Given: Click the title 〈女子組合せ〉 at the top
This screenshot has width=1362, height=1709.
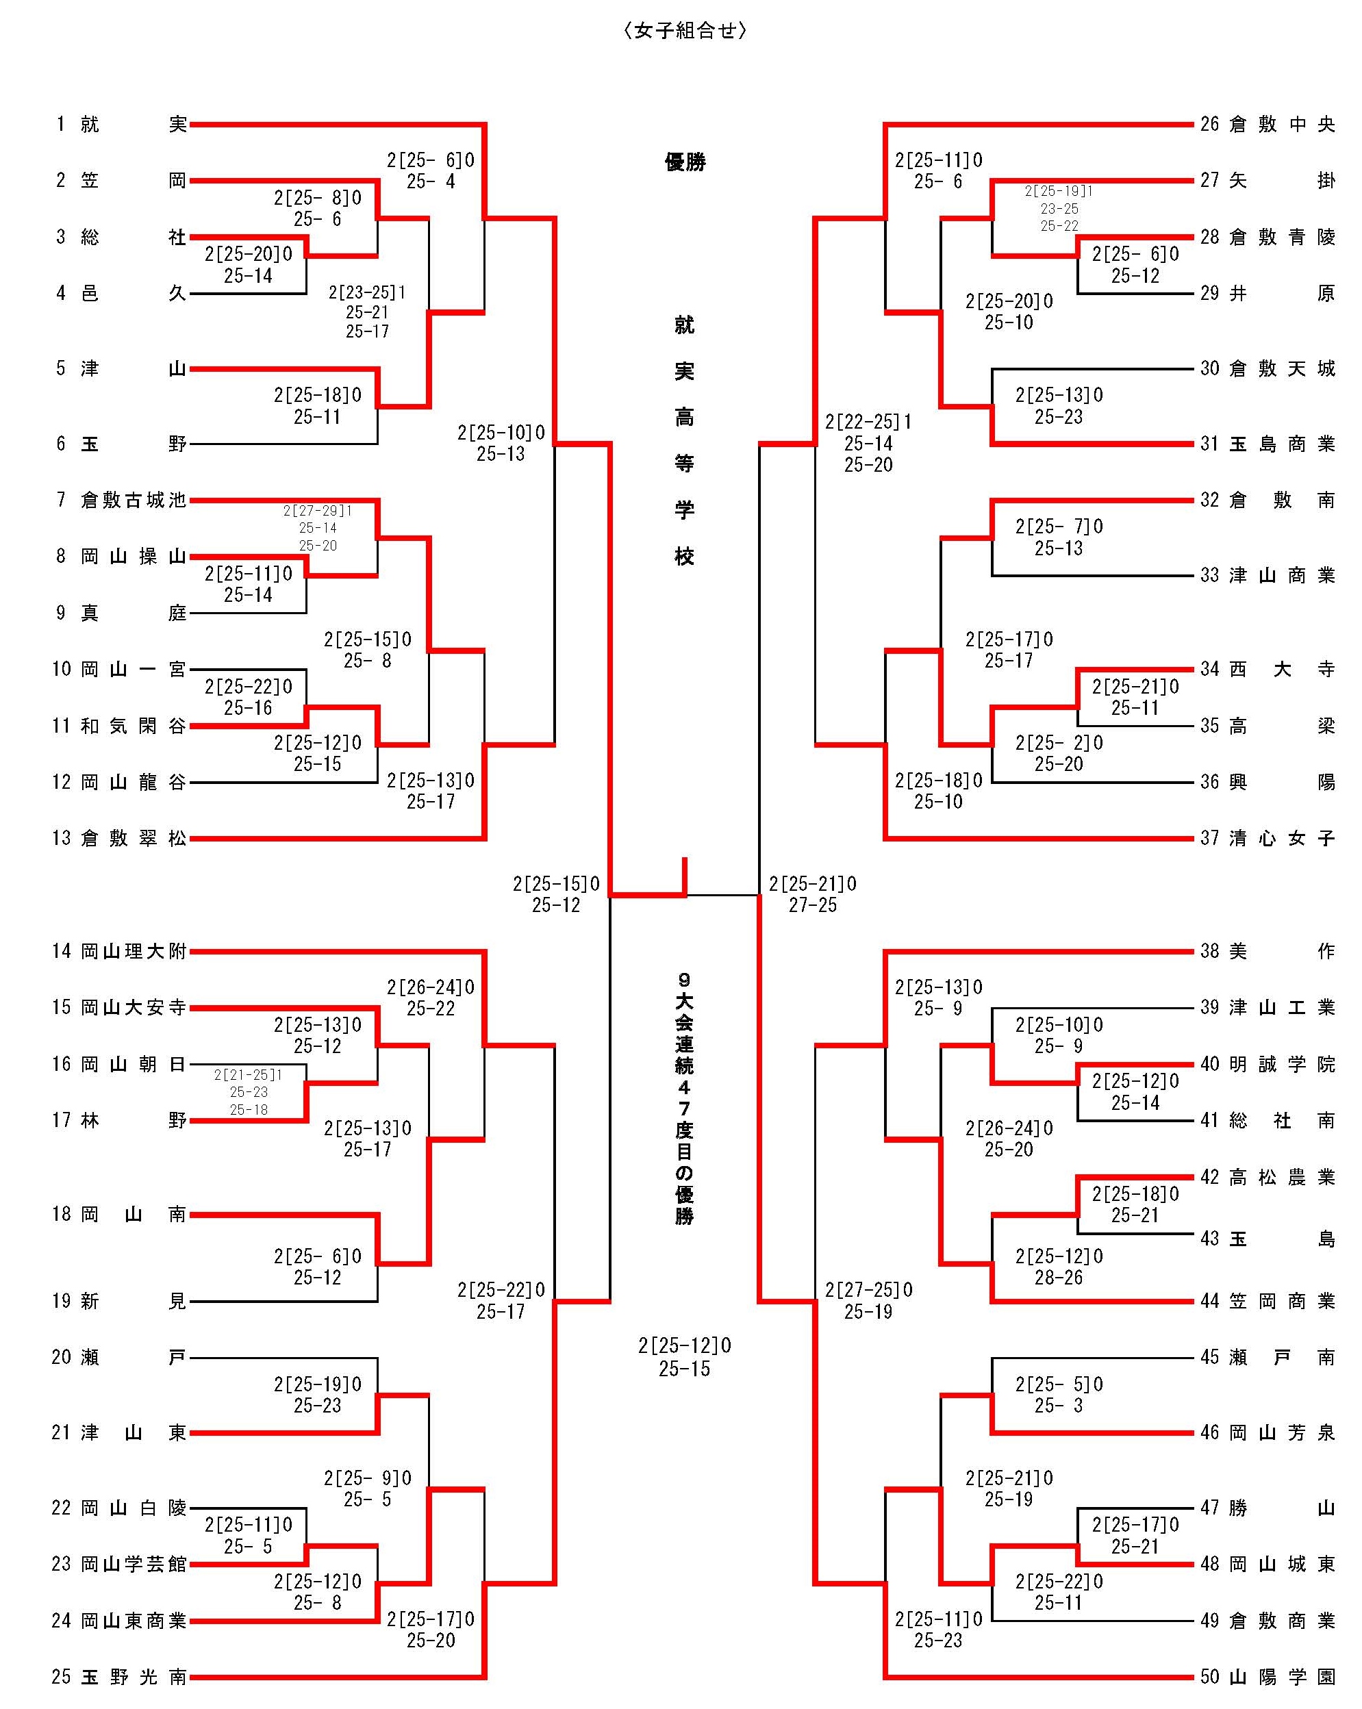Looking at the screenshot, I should [685, 31].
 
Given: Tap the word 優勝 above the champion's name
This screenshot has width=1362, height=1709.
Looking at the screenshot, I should [685, 162].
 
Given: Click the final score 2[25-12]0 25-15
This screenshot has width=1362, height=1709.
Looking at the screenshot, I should [685, 1357].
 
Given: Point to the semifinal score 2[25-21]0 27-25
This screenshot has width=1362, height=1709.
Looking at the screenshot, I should [813, 894].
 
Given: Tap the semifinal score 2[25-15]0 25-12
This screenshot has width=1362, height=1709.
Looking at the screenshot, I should [557, 894].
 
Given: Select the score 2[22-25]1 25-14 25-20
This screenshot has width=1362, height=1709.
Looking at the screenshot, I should [868, 443].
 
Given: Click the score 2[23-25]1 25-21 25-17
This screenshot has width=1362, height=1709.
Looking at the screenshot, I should [367, 312].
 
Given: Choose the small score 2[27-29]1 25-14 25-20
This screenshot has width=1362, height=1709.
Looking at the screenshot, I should [318, 528].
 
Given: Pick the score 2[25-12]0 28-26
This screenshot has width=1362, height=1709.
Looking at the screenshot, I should [1059, 1267].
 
